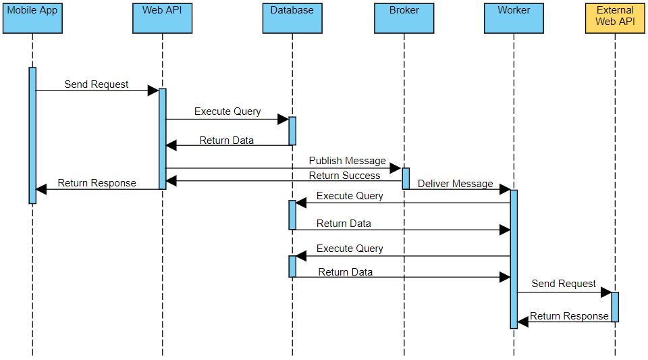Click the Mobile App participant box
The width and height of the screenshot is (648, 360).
(32, 18)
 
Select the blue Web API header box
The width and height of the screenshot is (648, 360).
(162, 18)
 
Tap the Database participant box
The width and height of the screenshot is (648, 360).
(292, 18)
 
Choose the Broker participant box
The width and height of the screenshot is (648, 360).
(404, 18)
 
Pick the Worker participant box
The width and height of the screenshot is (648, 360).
(514, 18)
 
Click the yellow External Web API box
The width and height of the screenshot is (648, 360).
(615, 18)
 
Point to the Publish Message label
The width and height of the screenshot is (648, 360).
(347, 161)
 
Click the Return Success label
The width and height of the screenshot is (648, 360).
(344, 176)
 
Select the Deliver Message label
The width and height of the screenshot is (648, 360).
(455, 184)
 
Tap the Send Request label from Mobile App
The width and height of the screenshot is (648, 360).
(97, 84)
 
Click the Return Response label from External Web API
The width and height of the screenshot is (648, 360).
(569, 316)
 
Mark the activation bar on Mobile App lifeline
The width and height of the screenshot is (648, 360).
(32, 135)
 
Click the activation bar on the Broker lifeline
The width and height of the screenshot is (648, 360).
(406, 178)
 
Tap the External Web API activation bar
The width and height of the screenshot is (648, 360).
(615, 307)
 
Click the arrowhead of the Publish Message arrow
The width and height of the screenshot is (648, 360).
(396, 168)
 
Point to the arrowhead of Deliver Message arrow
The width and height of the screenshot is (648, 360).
(504, 191)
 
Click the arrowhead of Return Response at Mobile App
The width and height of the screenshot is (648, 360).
(41, 190)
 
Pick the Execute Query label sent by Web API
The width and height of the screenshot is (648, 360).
(227, 111)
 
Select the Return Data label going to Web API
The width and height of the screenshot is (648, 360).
(227, 140)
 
